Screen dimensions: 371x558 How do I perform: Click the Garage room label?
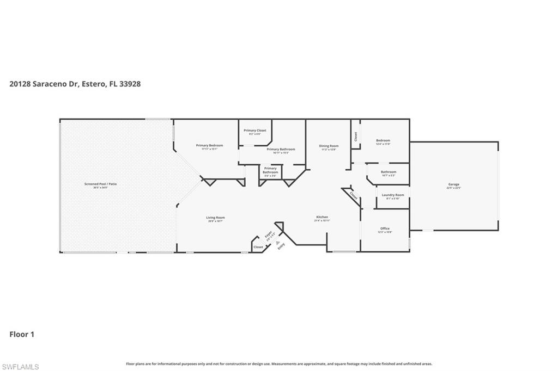click(453, 184)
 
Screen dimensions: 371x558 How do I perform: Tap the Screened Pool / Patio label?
click(100, 184)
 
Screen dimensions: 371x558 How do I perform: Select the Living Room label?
click(215, 218)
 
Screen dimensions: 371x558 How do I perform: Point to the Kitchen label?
click(322, 218)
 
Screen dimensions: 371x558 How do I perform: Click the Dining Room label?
click(329, 146)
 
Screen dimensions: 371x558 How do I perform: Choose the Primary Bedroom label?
click(209, 146)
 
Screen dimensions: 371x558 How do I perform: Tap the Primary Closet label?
click(254, 131)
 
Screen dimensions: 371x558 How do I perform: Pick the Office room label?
click(385, 228)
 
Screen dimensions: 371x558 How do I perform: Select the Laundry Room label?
click(392, 195)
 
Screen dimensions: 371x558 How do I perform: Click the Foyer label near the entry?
click(269, 236)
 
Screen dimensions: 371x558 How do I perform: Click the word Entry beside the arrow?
click(281, 245)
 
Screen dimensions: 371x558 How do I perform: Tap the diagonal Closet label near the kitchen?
click(353, 195)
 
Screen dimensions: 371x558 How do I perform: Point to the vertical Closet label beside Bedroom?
click(356, 137)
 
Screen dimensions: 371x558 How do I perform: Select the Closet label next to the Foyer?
click(258, 247)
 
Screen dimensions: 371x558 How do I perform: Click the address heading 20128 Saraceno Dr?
click(75, 84)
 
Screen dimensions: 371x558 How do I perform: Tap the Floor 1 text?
click(22, 335)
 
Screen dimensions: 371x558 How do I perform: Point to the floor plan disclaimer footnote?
click(278, 364)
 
